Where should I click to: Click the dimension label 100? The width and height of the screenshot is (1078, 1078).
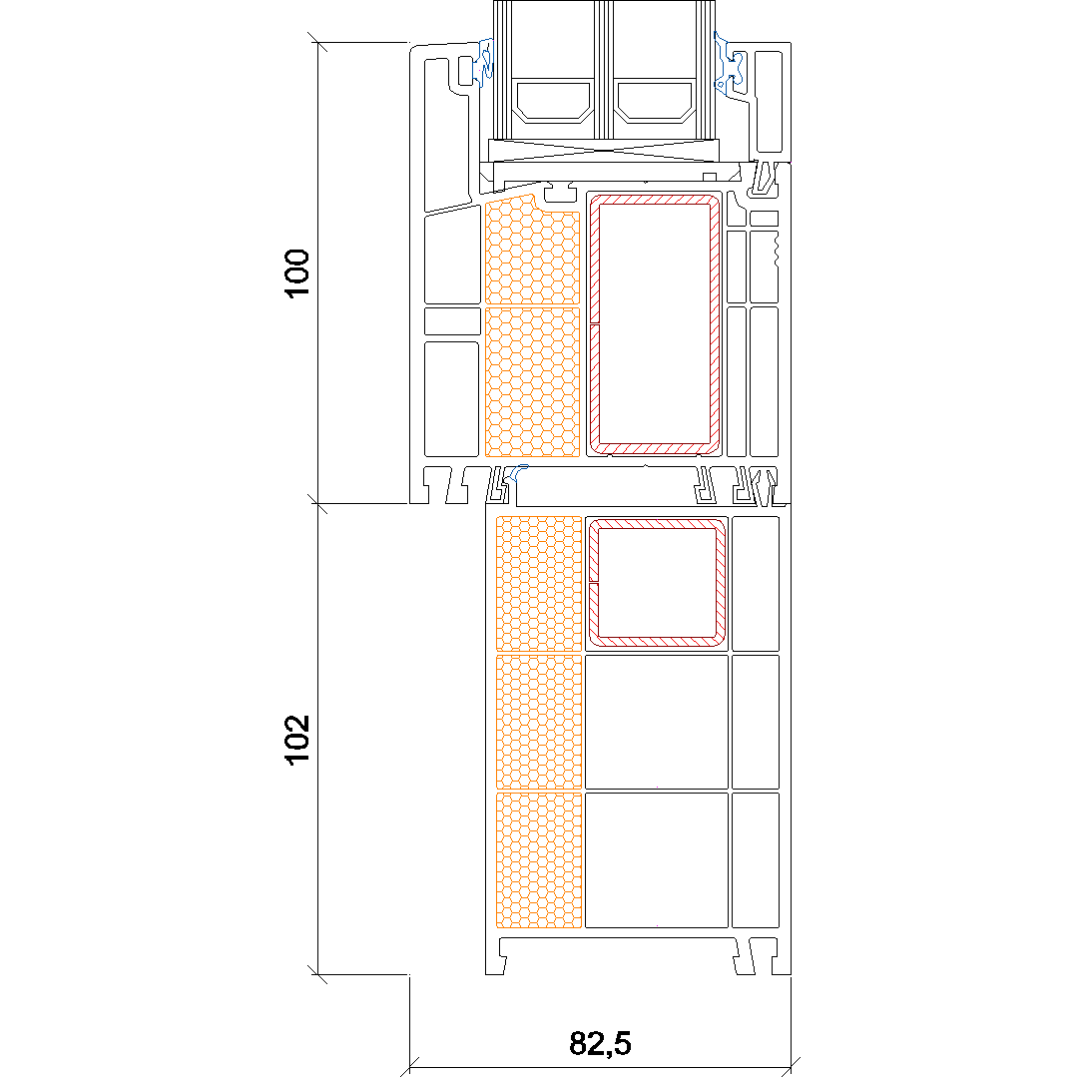coord(297,272)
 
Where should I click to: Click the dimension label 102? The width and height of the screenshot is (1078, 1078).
coord(297,739)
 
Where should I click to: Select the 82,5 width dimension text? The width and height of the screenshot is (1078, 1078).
coord(600,1043)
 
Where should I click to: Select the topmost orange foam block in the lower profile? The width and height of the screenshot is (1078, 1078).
coord(539,583)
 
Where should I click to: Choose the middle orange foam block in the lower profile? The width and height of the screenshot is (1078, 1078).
coord(539,722)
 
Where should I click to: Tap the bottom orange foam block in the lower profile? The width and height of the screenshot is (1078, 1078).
coord(539,860)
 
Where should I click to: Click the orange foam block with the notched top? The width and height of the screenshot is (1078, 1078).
coord(532,251)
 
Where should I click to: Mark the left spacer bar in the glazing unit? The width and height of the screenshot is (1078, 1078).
coord(553,103)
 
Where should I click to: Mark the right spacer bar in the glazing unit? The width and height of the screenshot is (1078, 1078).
coord(655,103)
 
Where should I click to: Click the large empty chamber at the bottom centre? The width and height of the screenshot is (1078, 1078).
coord(657,860)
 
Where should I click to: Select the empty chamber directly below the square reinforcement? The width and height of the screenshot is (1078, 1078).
coord(657,722)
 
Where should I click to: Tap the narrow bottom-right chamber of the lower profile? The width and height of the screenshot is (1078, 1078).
coord(756,860)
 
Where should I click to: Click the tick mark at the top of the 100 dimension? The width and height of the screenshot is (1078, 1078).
coord(317,42)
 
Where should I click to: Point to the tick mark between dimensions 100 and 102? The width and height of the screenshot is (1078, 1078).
coord(317,503)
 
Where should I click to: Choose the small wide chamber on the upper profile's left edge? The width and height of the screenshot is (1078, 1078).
coord(452,321)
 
